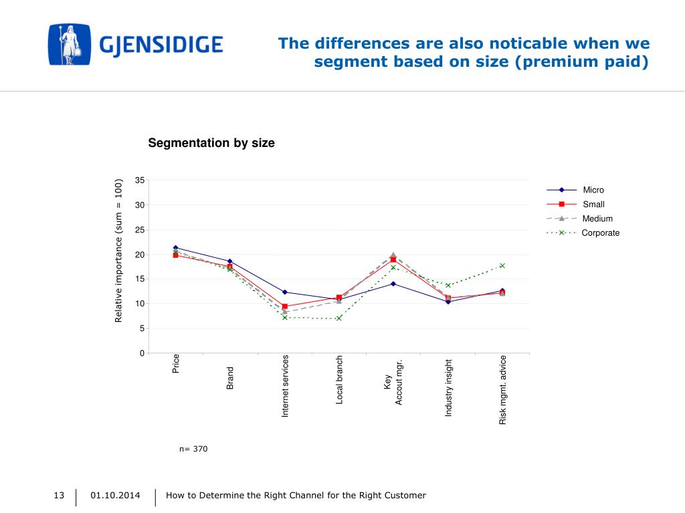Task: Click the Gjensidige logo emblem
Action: point(69,45)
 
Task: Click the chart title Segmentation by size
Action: point(211,143)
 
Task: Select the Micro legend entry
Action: point(593,190)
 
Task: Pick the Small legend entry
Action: point(593,204)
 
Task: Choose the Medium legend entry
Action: point(597,218)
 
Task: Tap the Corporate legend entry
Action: point(600,233)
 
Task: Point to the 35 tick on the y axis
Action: point(139,180)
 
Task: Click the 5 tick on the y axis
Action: point(141,329)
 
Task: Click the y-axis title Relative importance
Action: point(119,250)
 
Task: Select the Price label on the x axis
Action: point(176,364)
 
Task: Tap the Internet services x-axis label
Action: point(285,387)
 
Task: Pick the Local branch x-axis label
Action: point(340,380)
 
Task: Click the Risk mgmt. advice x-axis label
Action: point(503,390)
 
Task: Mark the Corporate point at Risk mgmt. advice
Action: point(502,266)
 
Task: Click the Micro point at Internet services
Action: point(284,292)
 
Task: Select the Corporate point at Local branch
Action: point(339,318)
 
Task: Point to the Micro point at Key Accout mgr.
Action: point(393,284)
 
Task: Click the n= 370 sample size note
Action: point(193,449)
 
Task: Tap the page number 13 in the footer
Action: point(59,495)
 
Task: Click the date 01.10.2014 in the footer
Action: point(116,495)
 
